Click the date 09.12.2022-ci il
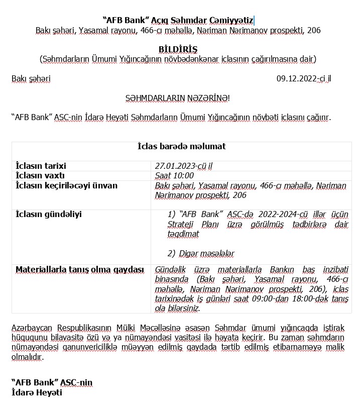point(304,78)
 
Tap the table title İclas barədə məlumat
point(181,146)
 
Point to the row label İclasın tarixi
point(41,166)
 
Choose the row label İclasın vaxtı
point(40,175)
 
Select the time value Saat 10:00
point(174,175)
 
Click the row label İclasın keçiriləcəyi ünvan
point(66,185)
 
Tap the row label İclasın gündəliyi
point(49,214)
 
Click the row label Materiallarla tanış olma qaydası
point(80,269)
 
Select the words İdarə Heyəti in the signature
point(37,392)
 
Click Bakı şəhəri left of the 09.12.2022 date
point(31,78)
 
